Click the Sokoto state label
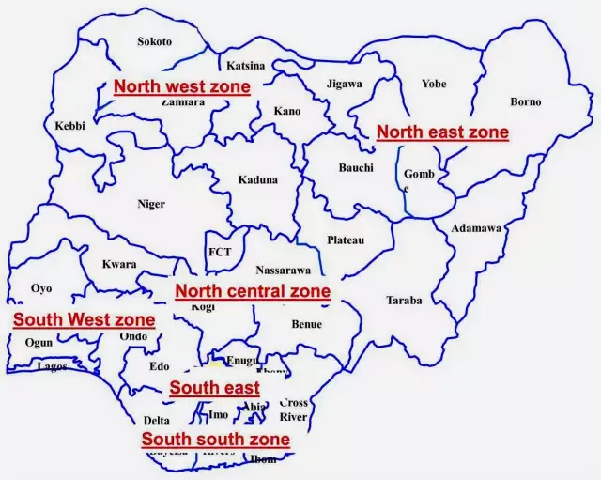155,41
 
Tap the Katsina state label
246,66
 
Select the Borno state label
525,101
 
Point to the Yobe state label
434,84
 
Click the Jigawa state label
344,84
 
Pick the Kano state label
287,111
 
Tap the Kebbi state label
70,125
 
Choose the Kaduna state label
257,179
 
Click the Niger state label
151,204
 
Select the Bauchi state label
356,168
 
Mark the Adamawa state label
476,228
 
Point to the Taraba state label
404,301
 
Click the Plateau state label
346,240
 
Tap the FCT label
220,253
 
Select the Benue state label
306,325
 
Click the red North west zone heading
182,86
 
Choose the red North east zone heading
442,132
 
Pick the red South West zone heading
84,319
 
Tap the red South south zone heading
215,439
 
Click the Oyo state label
41,288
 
